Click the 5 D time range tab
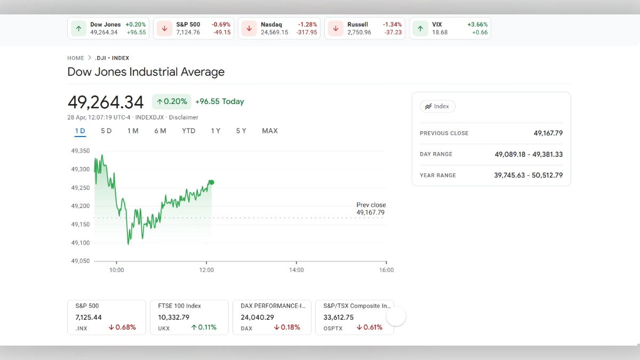[x=106, y=131]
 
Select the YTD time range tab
[x=188, y=131]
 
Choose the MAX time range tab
[x=270, y=131]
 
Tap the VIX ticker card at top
[x=450, y=28]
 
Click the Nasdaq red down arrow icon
[x=250, y=28]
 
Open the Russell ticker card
[x=365, y=28]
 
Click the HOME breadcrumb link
[x=76, y=58]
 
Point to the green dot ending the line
[x=212, y=182]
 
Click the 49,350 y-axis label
[x=81, y=151]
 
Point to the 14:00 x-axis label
[x=297, y=270]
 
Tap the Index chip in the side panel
[x=437, y=106]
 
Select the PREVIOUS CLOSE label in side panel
[x=444, y=133]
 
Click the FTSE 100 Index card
[x=189, y=317]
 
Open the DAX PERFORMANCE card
[x=272, y=317]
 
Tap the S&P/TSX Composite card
[x=355, y=317]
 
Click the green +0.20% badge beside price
[x=172, y=101]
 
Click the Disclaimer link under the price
[x=183, y=117]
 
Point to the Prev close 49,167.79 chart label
[x=371, y=209]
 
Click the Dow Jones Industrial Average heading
[x=146, y=72]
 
